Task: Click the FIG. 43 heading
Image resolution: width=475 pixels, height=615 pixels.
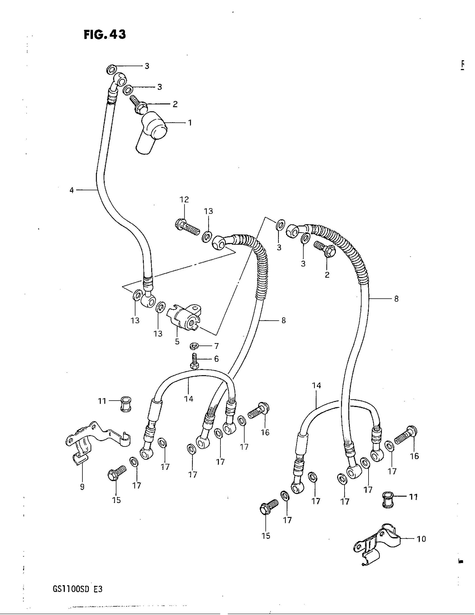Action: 105,35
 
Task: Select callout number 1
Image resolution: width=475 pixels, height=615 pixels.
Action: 190,123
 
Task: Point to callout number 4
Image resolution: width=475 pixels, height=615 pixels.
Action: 72,190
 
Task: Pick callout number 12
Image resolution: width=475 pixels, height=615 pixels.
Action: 184,200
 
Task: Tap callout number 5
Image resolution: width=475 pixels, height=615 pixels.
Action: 177,342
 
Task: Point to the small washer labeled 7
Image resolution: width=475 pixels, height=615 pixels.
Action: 194,346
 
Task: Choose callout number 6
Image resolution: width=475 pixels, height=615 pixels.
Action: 216,359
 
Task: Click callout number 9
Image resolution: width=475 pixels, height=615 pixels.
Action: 82,487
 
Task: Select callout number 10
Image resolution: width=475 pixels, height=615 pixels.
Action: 421,539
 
